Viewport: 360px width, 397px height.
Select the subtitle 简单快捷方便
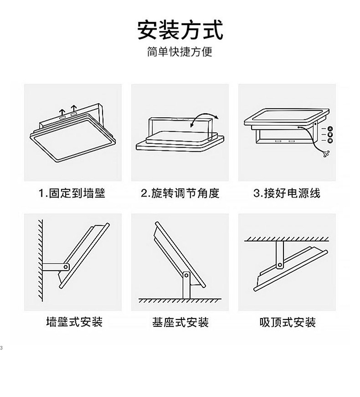tap(180, 52)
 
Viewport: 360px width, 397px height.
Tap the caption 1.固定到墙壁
tap(72, 193)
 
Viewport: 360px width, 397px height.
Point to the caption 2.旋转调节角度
tap(180, 193)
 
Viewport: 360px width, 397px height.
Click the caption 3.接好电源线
tap(287, 193)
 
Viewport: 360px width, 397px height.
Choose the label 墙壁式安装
tap(74, 322)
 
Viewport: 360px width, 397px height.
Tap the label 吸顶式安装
tap(288, 322)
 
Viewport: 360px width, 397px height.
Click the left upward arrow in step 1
tap(61, 111)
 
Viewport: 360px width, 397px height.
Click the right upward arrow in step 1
tap(73, 108)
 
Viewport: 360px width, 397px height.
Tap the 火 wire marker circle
tap(330, 129)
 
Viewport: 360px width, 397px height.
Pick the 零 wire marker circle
tap(330, 134)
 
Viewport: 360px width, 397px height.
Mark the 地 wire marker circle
tap(330, 140)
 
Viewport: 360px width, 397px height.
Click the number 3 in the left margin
tap(1, 348)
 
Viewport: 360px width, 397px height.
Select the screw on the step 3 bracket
tap(315, 124)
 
